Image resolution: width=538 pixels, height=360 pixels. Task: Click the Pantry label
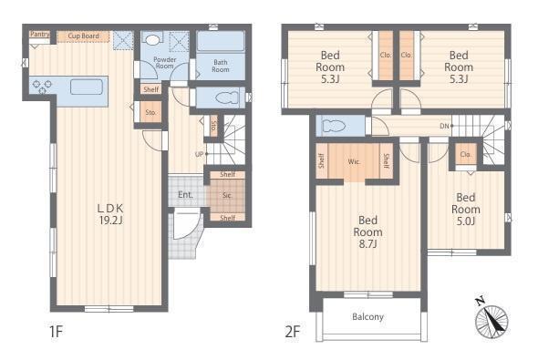coord(40,34)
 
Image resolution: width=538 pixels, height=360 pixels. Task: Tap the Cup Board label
coord(83,36)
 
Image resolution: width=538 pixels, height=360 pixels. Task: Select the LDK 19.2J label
coord(110,214)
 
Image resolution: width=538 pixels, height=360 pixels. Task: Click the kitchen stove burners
coord(42,87)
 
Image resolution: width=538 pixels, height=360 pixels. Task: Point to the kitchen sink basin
coord(87,87)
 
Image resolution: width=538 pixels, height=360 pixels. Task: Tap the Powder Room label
coord(165,62)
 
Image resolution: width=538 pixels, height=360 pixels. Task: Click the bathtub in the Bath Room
coord(221,41)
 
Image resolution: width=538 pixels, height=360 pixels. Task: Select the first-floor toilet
coord(226,98)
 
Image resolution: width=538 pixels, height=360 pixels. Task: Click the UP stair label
coord(200,154)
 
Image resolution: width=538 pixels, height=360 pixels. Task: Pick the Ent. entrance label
coord(185,195)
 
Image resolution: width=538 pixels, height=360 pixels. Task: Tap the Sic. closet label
coord(227,195)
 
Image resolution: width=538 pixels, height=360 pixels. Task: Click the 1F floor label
coord(56,332)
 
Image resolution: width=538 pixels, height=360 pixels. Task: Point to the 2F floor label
coord(293,332)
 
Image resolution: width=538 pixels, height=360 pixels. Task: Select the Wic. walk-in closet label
coord(354,161)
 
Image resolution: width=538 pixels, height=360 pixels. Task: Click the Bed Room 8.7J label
coord(367,231)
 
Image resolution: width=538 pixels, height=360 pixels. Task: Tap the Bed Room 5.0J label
coord(466,209)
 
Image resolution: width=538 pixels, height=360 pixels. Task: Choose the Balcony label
coord(367,316)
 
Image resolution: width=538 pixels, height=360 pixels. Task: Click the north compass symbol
coord(491,318)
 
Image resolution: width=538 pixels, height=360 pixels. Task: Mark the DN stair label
coord(444,126)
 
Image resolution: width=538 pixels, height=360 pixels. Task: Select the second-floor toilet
coord(334,126)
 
